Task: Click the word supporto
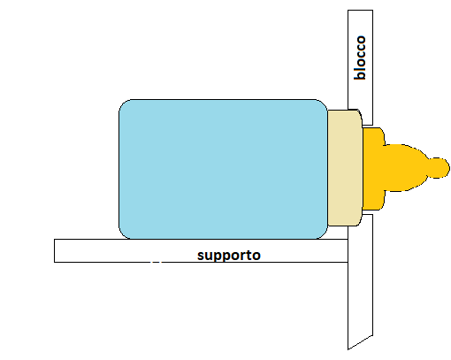click(x=229, y=256)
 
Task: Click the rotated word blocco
click(x=360, y=57)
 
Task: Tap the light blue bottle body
click(x=223, y=169)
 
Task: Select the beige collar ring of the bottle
click(x=345, y=168)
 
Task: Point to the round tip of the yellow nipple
click(x=440, y=168)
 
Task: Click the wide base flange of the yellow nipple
click(x=373, y=169)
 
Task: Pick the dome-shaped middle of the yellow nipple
click(x=405, y=168)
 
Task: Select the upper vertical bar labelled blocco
click(x=360, y=67)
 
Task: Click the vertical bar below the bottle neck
click(x=360, y=281)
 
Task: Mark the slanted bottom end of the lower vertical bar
click(x=360, y=342)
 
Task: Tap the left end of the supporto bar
click(x=55, y=250)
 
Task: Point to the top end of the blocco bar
click(x=360, y=11)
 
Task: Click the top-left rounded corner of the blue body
click(x=123, y=103)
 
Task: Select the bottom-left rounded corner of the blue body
click(x=123, y=235)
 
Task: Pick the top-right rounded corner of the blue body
click(x=324, y=103)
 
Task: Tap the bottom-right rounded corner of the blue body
click(x=324, y=235)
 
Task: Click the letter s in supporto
click(x=201, y=256)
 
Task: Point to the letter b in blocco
click(x=360, y=75)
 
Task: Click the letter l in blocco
click(x=360, y=67)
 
